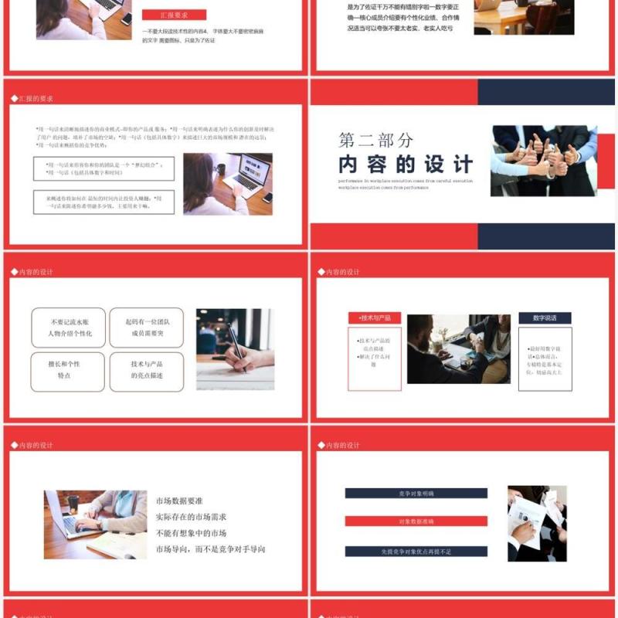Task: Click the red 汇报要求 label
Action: coord(173,15)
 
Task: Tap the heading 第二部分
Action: coord(375,141)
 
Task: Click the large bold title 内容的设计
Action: coord(406,165)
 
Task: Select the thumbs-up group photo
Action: coord(544,160)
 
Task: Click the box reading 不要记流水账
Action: coord(69,328)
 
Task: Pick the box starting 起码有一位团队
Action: coord(147,328)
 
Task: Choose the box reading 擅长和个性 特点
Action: coord(69,370)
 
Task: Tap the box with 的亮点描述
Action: coord(147,370)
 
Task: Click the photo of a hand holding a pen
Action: coord(235,349)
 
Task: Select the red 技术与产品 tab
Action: coord(375,318)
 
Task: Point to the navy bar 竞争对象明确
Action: coord(416,493)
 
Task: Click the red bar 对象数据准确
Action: coord(416,521)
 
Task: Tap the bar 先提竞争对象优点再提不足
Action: coord(416,552)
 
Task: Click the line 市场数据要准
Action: coord(179,501)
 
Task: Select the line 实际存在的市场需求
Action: coord(191,517)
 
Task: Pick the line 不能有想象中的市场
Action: coord(191,533)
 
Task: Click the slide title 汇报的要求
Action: coord(36,99)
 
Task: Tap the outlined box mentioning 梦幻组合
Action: coord(104,168)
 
